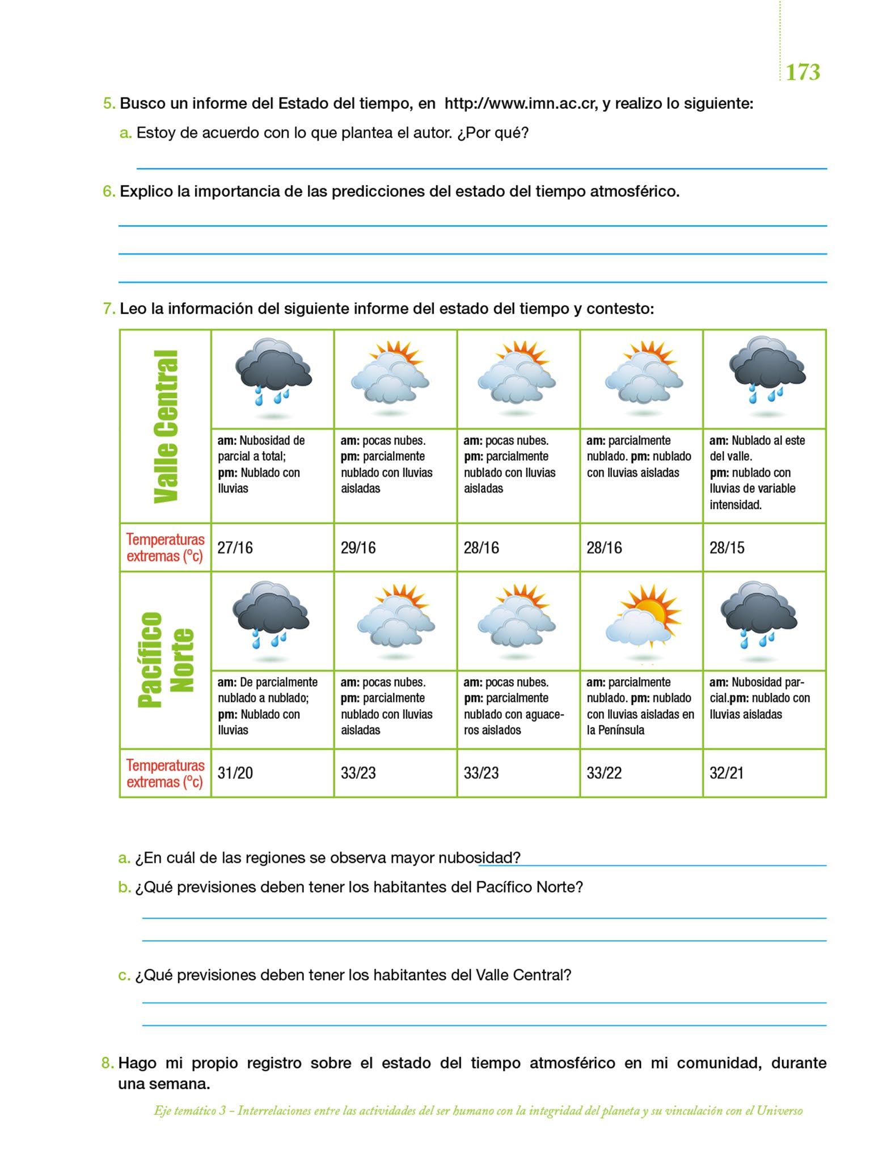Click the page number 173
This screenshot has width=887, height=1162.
click(803, 73)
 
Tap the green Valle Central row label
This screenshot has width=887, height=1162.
click(166, 426)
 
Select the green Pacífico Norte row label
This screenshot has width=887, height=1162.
click(166, 660)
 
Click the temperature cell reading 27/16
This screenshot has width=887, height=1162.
click(235, 548)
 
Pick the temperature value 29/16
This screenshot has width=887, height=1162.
click(358, 548)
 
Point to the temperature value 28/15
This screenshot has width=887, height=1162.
click(727, 548)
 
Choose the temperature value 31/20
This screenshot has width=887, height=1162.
click(235, 773)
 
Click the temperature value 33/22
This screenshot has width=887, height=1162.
click(605, 773)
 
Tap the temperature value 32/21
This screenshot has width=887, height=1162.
click(727, 773)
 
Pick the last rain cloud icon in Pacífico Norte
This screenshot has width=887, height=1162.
click(759, 616)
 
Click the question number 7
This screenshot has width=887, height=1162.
click(108, 309)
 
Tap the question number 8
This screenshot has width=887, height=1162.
click(107, 1063)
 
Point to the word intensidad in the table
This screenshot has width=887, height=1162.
click(736, 505)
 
